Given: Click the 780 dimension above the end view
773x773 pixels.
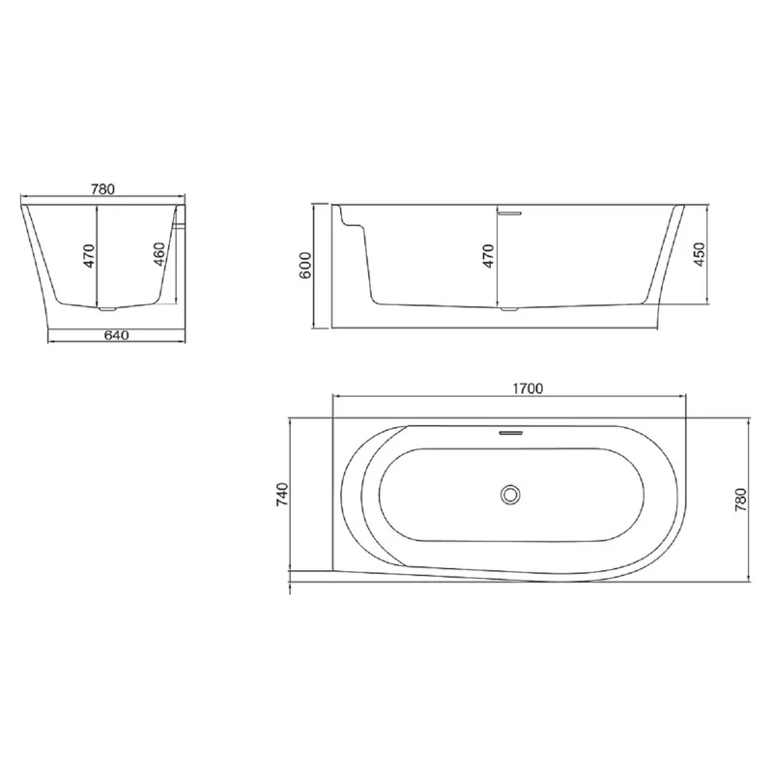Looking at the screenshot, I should point(103,189).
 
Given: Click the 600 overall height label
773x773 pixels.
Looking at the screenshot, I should point(304,265).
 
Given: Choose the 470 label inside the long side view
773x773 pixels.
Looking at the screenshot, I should point(488,256).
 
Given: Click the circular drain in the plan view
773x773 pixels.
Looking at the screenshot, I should point(510,495).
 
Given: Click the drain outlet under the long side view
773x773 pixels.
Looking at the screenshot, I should point(509,309).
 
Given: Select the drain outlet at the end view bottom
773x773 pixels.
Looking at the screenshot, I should point(108,310).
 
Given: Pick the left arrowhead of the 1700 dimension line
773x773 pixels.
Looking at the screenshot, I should point(336,397).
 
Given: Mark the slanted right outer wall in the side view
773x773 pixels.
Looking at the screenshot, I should point(667,261).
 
